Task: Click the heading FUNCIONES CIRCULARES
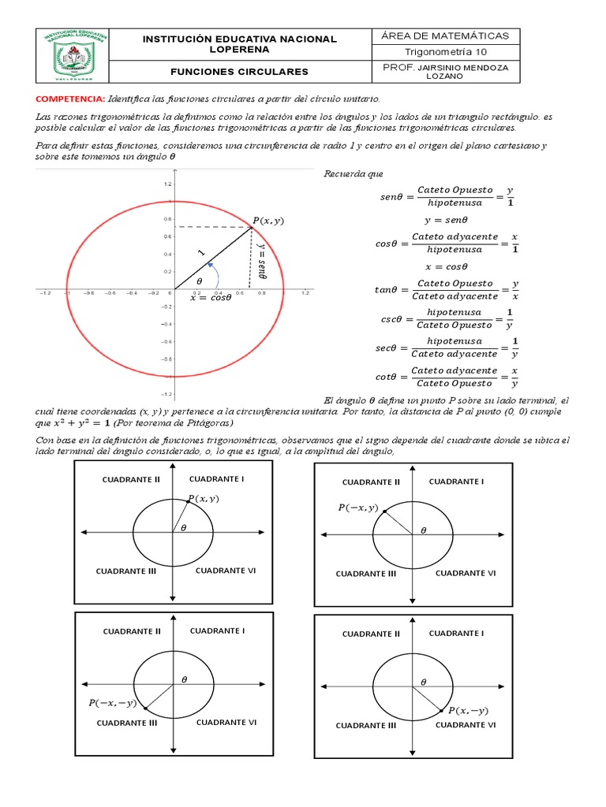[x=239, y=72]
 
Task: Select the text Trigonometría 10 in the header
[x=446, y=52]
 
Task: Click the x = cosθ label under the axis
[x=211, y=298]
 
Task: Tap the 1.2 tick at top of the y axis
[x=166, y=184]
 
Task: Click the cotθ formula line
[x=447, y=377]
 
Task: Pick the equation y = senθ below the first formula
[x=447, y=221]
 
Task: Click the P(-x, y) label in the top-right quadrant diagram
[x=357, y=508]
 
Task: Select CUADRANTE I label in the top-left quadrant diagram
[x=217, y=478]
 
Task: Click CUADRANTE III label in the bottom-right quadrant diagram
[x=365, y=725]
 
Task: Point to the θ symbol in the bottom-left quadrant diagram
[x=185, y=679]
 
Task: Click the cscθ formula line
[x=447, y=318]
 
